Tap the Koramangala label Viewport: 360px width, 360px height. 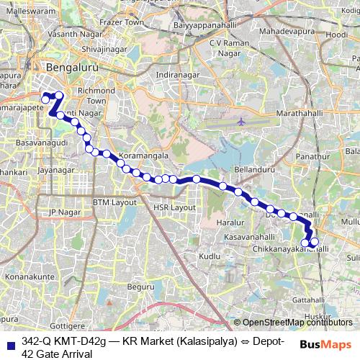(144, 155)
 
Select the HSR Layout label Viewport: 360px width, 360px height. (174, 207)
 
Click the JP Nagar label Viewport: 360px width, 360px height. (62, 212)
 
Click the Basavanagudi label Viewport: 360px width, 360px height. (40, 143)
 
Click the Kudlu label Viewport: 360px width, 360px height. (209, 256)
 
